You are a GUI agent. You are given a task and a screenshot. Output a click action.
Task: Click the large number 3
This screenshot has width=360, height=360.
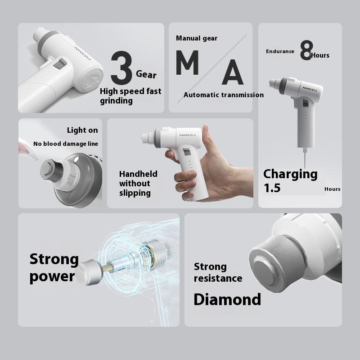click(x=121, y=67)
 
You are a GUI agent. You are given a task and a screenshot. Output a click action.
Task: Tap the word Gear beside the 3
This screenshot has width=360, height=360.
click(x=146, y=74)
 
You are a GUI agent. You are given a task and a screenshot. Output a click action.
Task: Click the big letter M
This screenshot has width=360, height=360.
click(x=187, y=63)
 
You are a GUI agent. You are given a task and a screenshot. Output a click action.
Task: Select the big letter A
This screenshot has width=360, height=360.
click(x=232, y=72)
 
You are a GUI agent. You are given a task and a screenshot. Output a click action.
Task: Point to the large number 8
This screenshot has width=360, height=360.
click(x=306, y=50)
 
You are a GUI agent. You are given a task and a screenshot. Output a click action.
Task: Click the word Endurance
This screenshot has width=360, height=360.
click(x=280, y=51)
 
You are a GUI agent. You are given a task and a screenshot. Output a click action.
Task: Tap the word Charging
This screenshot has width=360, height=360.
click(x=290, y=175)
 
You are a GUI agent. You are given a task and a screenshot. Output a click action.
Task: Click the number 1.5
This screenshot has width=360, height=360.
click(x=272, y=188)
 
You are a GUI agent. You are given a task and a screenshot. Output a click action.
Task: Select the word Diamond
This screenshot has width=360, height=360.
click(x=227, y=299)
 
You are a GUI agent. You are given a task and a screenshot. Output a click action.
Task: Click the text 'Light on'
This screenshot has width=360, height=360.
click(x=82, y=130)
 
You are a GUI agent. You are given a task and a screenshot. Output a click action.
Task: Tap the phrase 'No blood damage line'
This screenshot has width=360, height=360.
click(x=66, y=144)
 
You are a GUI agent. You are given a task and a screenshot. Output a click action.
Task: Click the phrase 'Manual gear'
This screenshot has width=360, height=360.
click(x=197, y=38)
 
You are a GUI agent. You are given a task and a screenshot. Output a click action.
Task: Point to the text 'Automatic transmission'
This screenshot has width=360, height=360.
click(x=224, y=95)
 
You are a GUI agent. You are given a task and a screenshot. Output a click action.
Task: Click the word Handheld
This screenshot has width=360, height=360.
click(x=138, y=174)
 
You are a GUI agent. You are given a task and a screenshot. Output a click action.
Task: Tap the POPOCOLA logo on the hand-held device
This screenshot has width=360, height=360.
click(x=188, y=135)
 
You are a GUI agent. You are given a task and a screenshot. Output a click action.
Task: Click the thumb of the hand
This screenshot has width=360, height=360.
click(x=207, y=138)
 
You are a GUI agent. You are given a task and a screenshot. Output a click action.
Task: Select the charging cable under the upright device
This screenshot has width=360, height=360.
click(x=305, y=158)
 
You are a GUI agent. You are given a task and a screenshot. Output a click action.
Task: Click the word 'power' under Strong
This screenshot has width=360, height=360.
click(x=52, y=277)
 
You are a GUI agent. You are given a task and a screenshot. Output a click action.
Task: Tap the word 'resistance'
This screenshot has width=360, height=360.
click(x=218, y=279)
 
